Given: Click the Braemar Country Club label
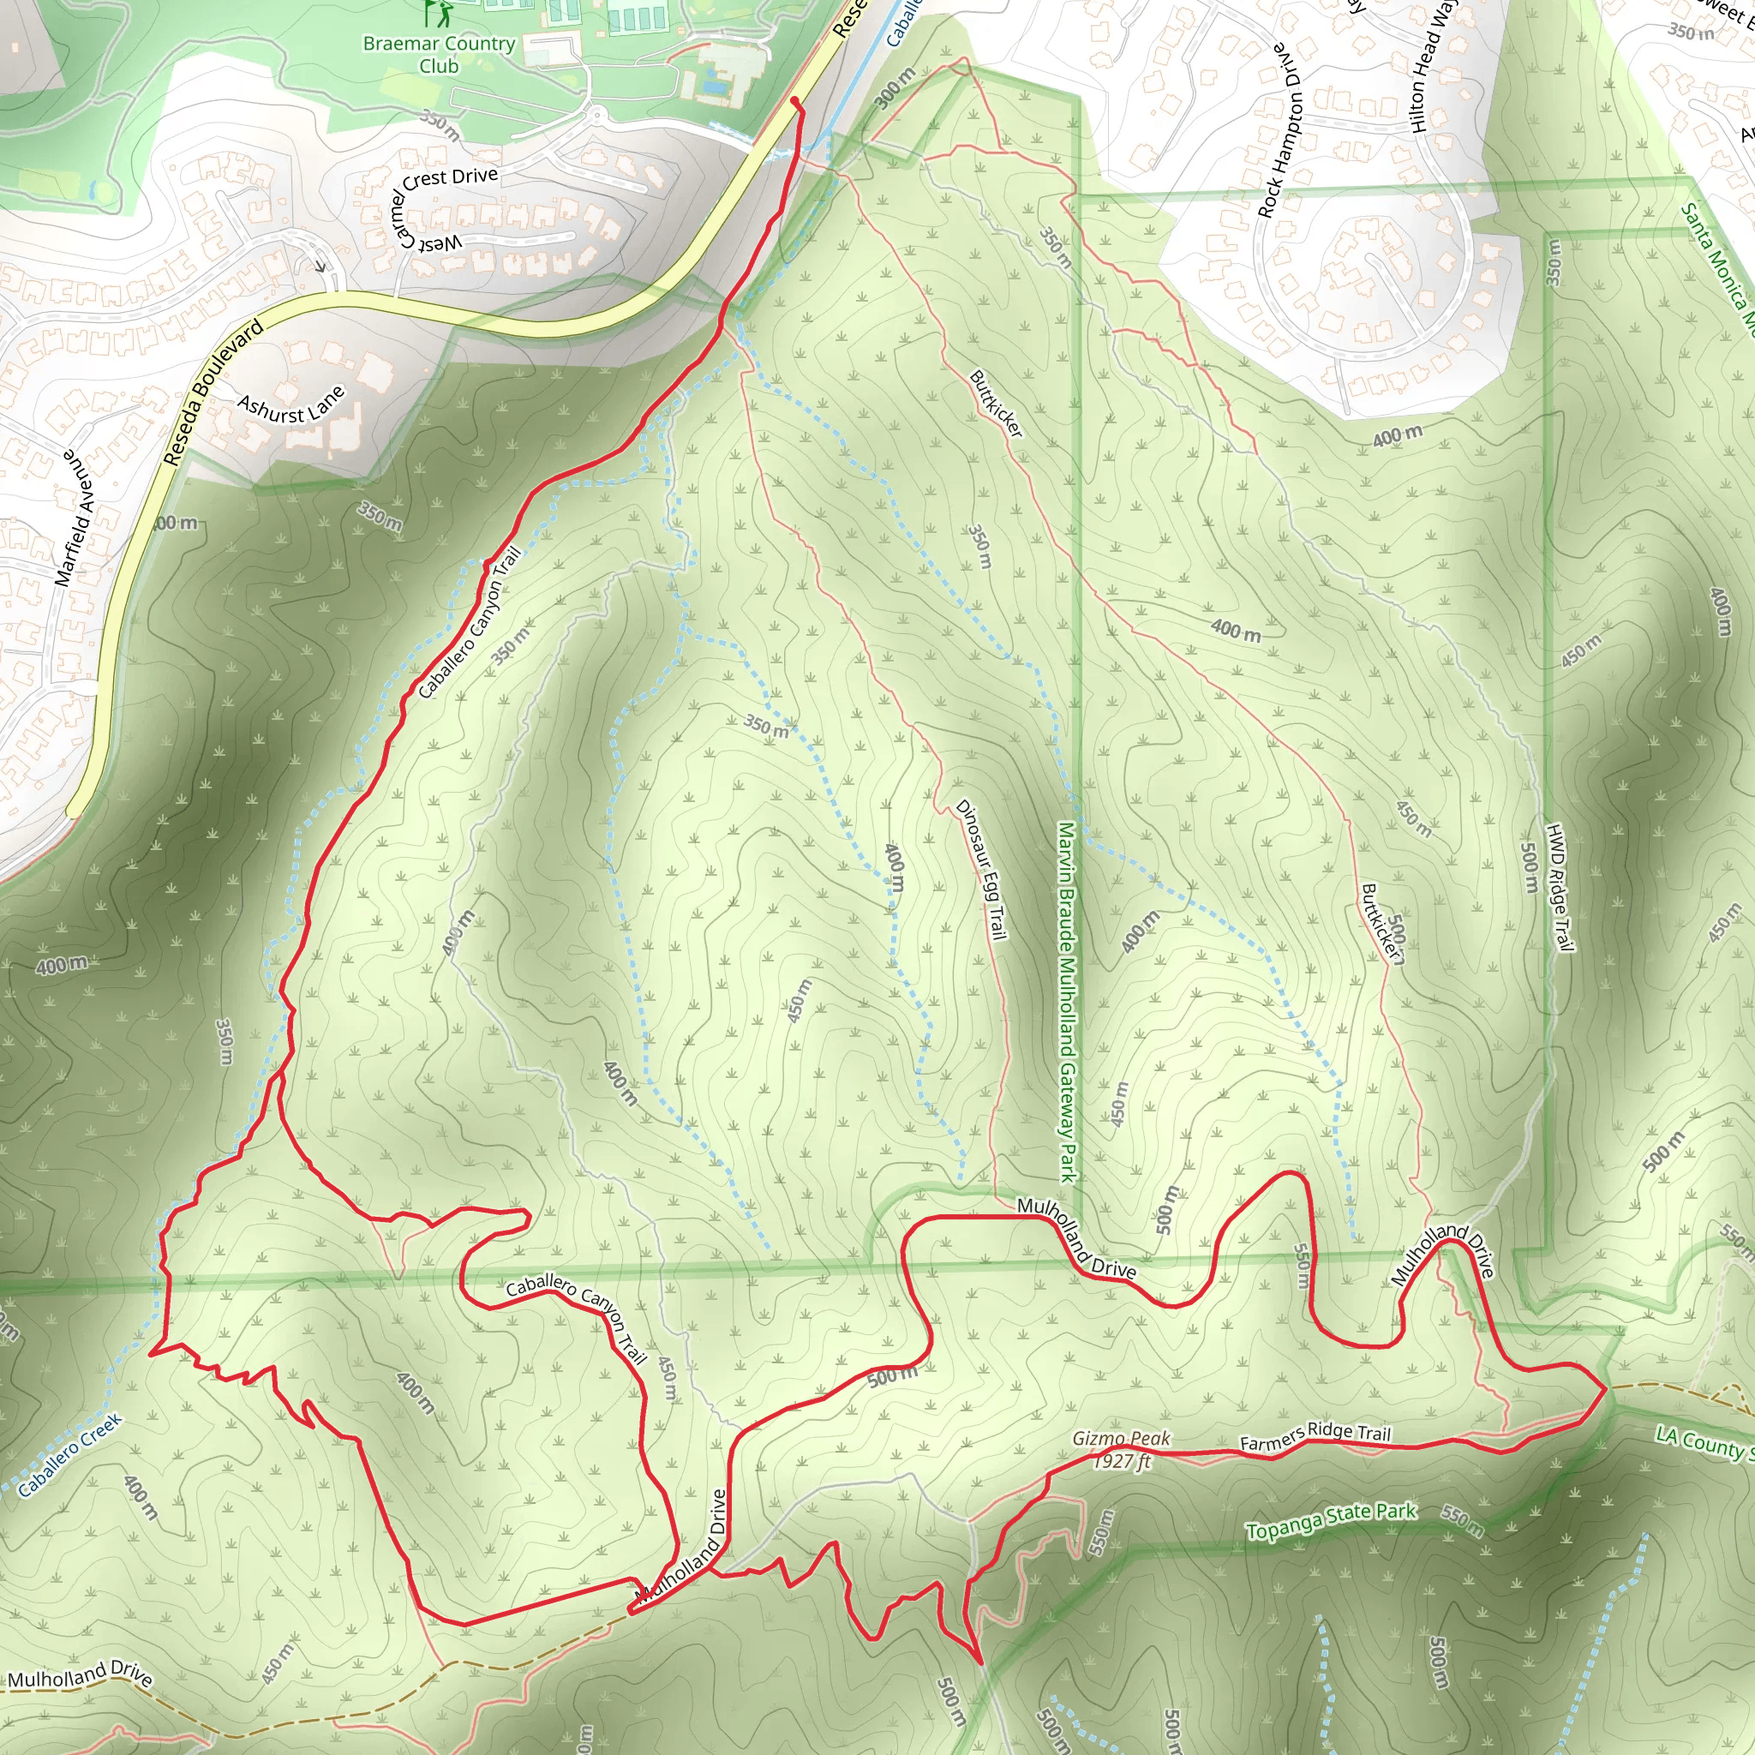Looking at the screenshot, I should click(x=439, y=55).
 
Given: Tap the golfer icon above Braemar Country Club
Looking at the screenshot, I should click(x=437, y=13).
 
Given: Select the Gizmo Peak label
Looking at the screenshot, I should click(x=1121, y=1439).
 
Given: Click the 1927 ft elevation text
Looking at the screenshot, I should click(x=1121, y=1462).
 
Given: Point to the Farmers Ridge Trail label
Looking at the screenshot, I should click(x=1315, y=1436).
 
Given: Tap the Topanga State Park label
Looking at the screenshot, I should click(x=1331, y=1521).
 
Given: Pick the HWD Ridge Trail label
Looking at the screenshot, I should click(x=1559, y=888).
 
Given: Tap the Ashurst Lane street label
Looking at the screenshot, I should click(x=291, y=406).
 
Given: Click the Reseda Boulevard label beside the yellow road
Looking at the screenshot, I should click(x=213, y=392).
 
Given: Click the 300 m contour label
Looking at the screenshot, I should click(x=895, y=88).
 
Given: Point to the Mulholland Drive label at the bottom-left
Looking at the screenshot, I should click(x=80, y=1675).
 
